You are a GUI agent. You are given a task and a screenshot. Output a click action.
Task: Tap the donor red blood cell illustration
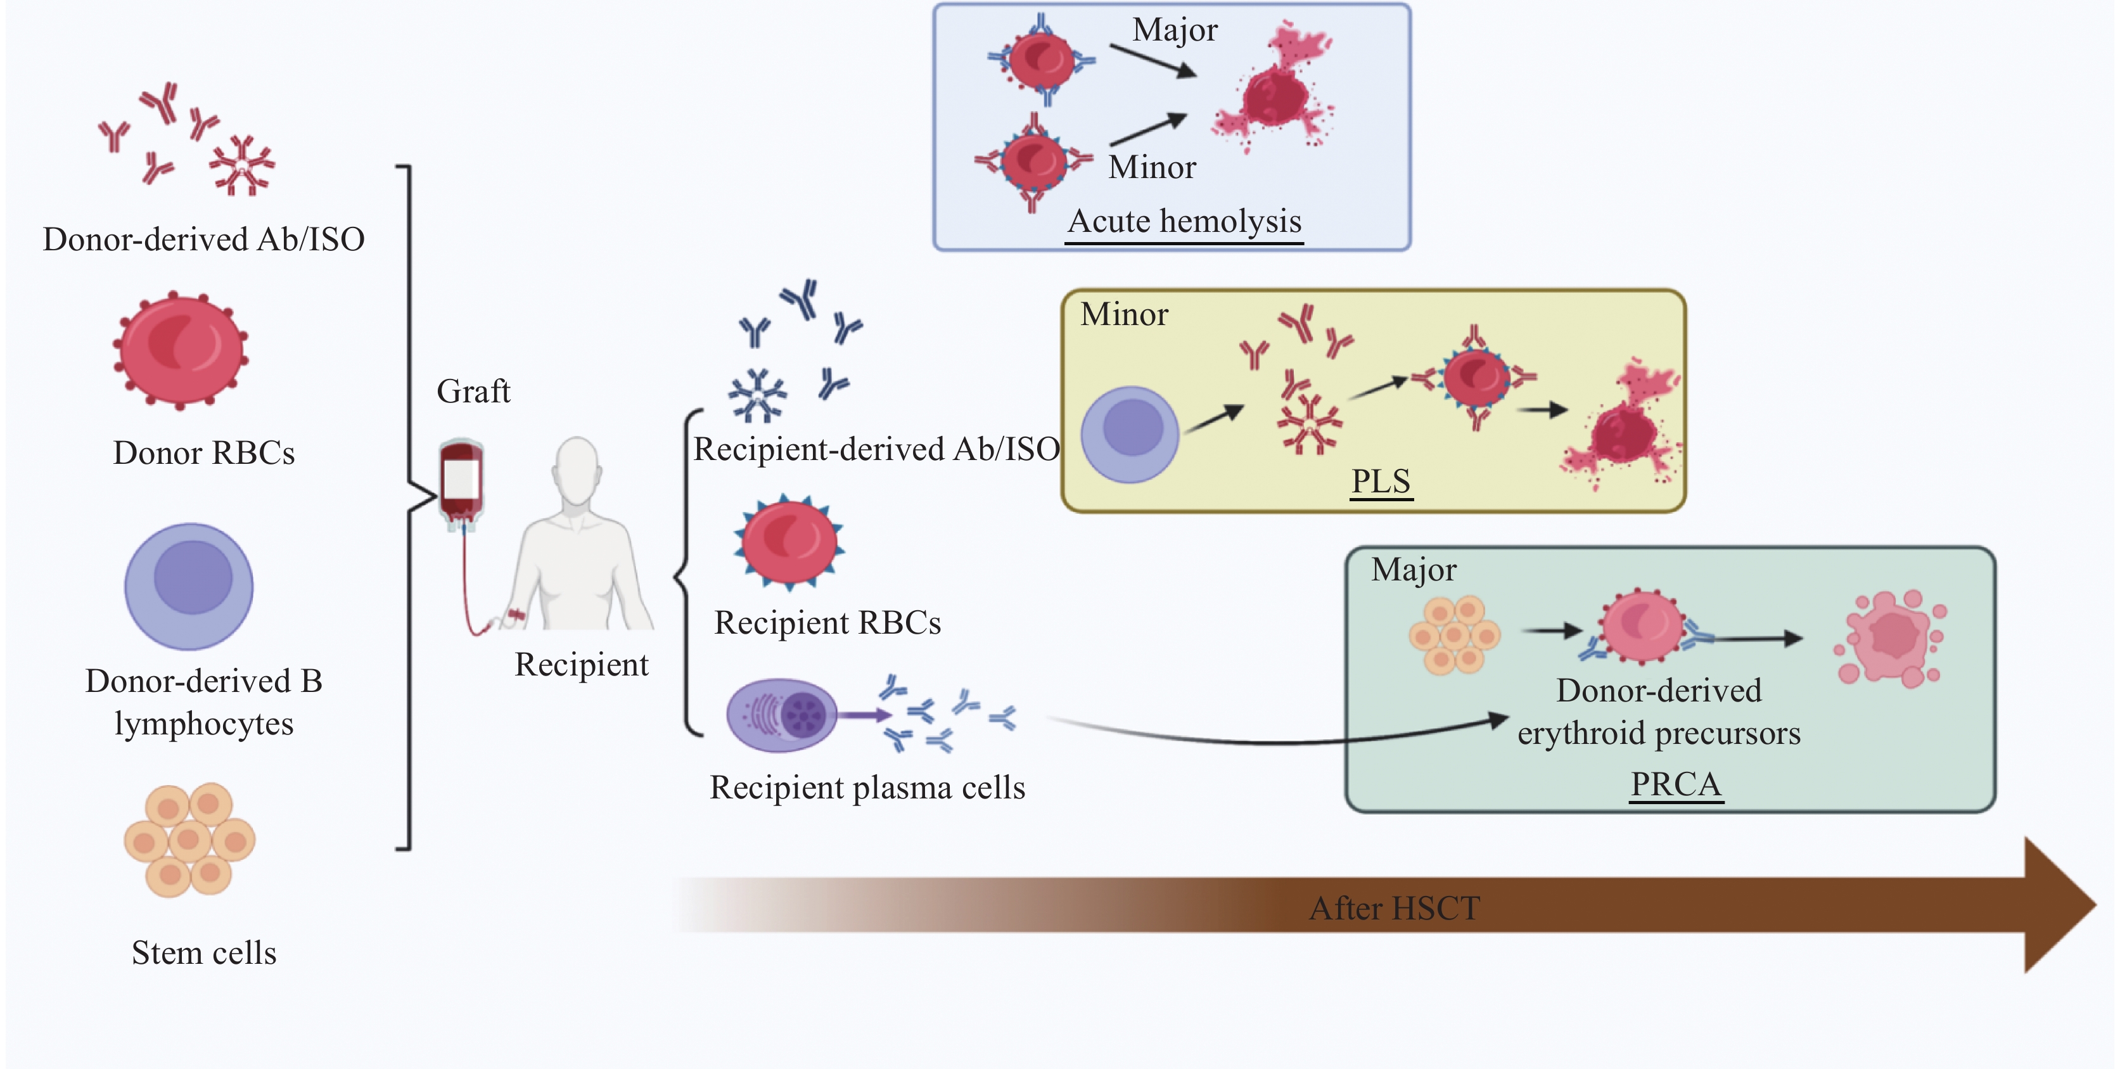pos(181,350)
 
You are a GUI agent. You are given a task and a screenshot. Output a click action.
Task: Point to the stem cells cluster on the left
pos(189,840)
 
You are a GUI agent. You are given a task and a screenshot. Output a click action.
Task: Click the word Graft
pos(473,392)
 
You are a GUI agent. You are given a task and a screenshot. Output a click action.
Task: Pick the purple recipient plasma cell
pos(781,714)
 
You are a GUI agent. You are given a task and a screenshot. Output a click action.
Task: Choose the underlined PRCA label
pos(1676,784)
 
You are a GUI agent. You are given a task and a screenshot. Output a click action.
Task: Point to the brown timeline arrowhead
pos(2057,906)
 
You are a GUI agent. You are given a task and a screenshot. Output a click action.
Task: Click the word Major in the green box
pos(1414,570)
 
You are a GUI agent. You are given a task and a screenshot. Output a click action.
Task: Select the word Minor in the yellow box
pos(1124,314)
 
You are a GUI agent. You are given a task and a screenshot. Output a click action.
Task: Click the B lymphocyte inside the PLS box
pos(1129,435)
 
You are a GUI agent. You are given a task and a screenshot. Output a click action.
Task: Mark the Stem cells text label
pos(203,953)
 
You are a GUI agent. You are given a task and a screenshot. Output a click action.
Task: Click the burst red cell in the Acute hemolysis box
pos(1274,91)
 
